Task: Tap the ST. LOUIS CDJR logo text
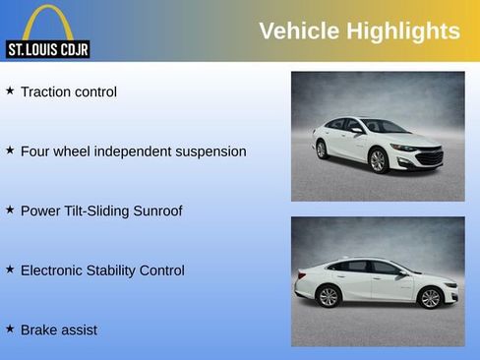[47, 48]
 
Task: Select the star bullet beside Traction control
[10, 90]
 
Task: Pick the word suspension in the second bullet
[201, 151]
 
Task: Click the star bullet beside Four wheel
[10, 150]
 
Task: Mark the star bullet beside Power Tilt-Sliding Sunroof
[10, 210]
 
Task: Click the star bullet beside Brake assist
[10, 329]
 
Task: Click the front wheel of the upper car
[378, 160]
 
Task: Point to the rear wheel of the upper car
[322, 150]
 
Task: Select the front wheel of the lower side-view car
[430, 297]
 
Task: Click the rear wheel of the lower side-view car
[329, 296]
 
